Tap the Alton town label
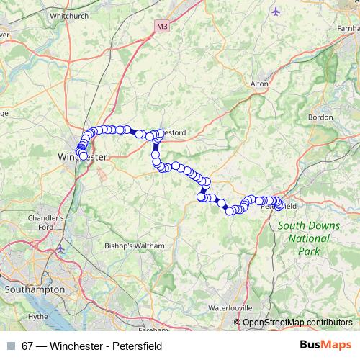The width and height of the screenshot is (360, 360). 258,84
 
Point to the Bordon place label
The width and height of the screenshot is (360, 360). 319,117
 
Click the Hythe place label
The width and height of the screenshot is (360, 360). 37,315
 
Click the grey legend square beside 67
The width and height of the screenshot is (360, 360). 10,346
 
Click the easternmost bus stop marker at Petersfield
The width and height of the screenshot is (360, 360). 280,207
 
